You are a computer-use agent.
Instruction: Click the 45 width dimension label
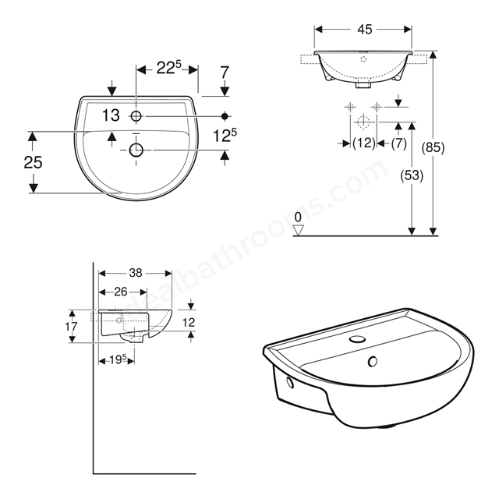click(364, 30)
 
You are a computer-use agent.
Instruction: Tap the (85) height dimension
click(433, 147)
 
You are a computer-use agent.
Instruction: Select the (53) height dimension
click(412, 175)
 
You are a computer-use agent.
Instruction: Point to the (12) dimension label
click(364, 143)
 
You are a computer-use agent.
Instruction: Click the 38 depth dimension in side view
click(136, 273)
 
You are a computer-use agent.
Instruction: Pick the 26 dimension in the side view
click(121, 292)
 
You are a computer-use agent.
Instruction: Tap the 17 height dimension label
click(71, 326)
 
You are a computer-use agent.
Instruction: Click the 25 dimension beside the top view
click(33, 162)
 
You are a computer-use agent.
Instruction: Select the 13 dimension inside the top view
click(111, 115)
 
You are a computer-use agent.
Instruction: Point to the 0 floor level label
click(298, 218)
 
